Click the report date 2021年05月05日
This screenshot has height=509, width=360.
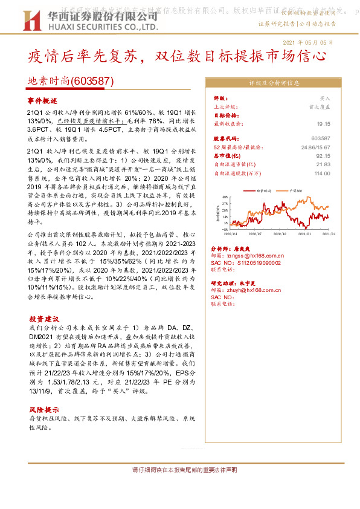point(307,42)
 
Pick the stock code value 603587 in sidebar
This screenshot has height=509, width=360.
point(321,138)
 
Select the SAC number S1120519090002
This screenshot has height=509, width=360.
point(264,264)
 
